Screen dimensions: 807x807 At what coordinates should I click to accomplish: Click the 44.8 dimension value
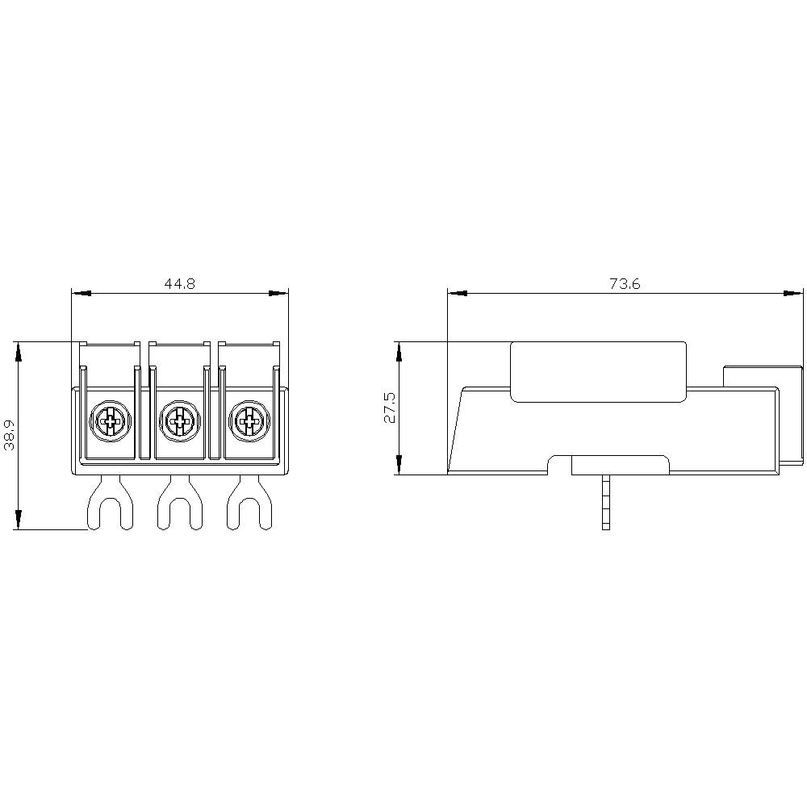[180, 284]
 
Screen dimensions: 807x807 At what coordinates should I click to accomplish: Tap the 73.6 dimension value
[625, 284]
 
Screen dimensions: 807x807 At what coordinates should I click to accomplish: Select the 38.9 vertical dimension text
[9, 435]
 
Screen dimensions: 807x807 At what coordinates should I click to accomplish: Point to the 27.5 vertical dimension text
[390, 408]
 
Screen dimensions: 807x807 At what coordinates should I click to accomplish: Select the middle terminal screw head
[180, 420]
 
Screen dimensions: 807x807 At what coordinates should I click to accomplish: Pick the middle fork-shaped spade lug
[180, 504]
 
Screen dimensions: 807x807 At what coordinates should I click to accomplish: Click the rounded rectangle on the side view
[598, 371]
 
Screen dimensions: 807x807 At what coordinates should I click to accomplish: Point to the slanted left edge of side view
[454, 428]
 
